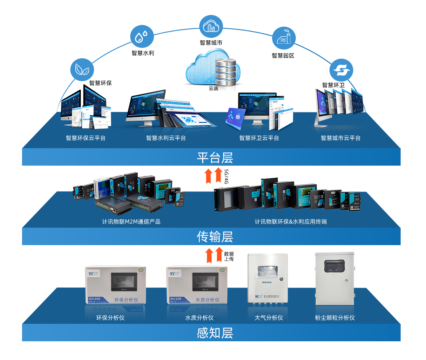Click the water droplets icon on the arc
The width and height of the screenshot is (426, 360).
tap(142, 37)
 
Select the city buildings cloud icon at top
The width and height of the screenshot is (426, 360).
tap(211, 26)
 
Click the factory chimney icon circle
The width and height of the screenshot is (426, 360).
tap(284, 38)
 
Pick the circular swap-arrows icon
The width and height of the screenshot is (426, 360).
tap(341, 70)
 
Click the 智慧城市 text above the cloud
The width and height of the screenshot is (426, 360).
tap(211, 42)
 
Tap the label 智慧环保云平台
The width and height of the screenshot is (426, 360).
tap(86, 138)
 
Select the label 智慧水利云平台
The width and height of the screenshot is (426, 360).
tap(166, 138)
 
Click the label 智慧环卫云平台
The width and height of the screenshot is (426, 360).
tap(259, 138)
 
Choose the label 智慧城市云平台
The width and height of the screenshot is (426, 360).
tap(341, 138)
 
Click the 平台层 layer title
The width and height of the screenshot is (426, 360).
tap(215, 158)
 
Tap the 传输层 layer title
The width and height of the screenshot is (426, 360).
tap(215, 237)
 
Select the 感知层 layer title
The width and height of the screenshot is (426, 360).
tap(215, 333)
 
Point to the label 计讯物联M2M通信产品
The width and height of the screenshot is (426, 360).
tap(131, 222)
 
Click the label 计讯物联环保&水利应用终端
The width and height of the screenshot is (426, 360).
tap(291, 222)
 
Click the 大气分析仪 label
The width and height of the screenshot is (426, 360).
tap(269, 318)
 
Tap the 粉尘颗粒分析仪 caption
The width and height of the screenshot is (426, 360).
tap(335, 318)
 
